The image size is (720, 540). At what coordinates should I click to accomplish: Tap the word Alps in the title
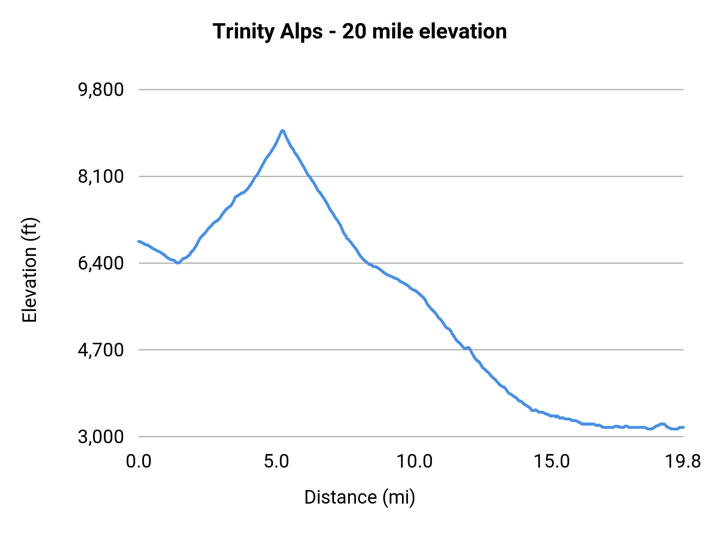[301, 32]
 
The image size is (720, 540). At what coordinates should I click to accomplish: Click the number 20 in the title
[354, 32]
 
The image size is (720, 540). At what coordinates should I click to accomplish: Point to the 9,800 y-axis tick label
[101, 90]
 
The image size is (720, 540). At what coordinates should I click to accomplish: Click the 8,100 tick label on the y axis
[101, 176]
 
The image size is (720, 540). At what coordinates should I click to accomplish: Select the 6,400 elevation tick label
[101, 263]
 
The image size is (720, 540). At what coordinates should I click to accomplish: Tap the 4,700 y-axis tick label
[101, 350]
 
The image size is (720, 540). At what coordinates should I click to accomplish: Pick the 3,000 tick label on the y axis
[101, 436]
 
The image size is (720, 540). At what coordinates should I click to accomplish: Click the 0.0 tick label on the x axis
[138, 462]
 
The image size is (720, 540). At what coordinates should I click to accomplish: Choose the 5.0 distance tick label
[276, 462]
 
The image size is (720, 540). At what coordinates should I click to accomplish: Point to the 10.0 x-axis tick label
[414, 462]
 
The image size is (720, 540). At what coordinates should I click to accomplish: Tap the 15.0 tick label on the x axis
[552, 462]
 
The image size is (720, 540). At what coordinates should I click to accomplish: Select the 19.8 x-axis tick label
[683, 462]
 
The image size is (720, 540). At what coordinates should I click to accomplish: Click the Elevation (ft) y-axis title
[30, 270]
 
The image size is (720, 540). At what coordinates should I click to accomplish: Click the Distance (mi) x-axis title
[360, 497]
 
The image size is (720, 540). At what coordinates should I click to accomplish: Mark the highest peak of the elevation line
[282, 130]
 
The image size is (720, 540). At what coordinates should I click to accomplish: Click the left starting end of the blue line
[139, 241]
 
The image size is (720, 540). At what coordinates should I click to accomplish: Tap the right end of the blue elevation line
[683, 427]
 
